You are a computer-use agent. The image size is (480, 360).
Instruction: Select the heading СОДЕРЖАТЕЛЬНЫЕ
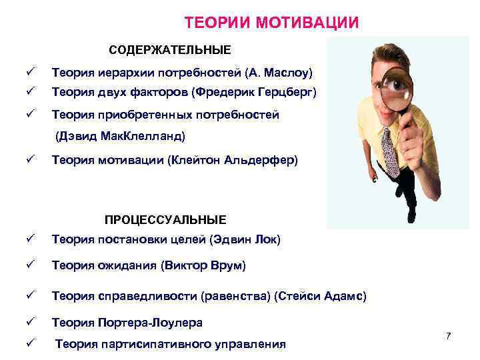point(170,50)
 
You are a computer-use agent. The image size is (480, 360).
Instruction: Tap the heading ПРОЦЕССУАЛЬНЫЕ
point(165,219)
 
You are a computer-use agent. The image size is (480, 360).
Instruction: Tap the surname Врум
point(228,266)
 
